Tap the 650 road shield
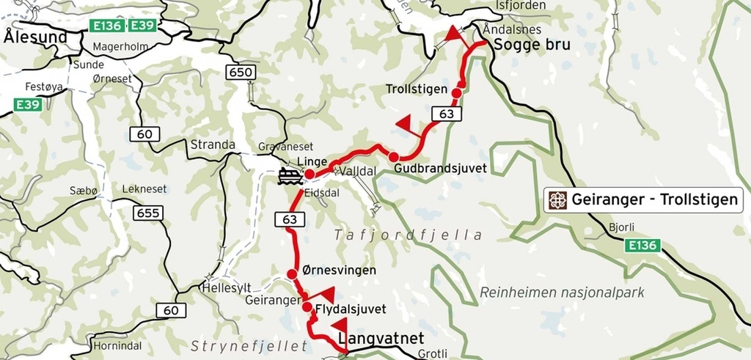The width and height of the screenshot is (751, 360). (x=241, y=72)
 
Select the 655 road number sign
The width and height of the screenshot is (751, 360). (x=148, y=213)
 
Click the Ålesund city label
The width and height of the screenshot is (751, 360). (x=35, y=37)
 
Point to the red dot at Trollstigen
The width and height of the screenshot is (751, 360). (x=456, y=93)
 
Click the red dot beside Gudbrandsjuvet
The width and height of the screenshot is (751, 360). (x=394, y=157)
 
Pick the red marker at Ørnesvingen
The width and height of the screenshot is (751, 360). (x=292, y=274)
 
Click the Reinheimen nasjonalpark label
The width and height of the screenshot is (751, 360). (x=562, y=293)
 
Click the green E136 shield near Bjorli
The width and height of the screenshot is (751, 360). (x=643, y=246)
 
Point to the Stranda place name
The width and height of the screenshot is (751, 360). (x=212, y=144)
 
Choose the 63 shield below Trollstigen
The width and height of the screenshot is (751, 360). (x=446, y=114)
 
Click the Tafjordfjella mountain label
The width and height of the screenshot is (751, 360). (x=409, y=235)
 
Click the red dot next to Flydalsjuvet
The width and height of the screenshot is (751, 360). (x=307, y=307)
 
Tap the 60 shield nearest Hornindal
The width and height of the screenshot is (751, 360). (x=171, y=311)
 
